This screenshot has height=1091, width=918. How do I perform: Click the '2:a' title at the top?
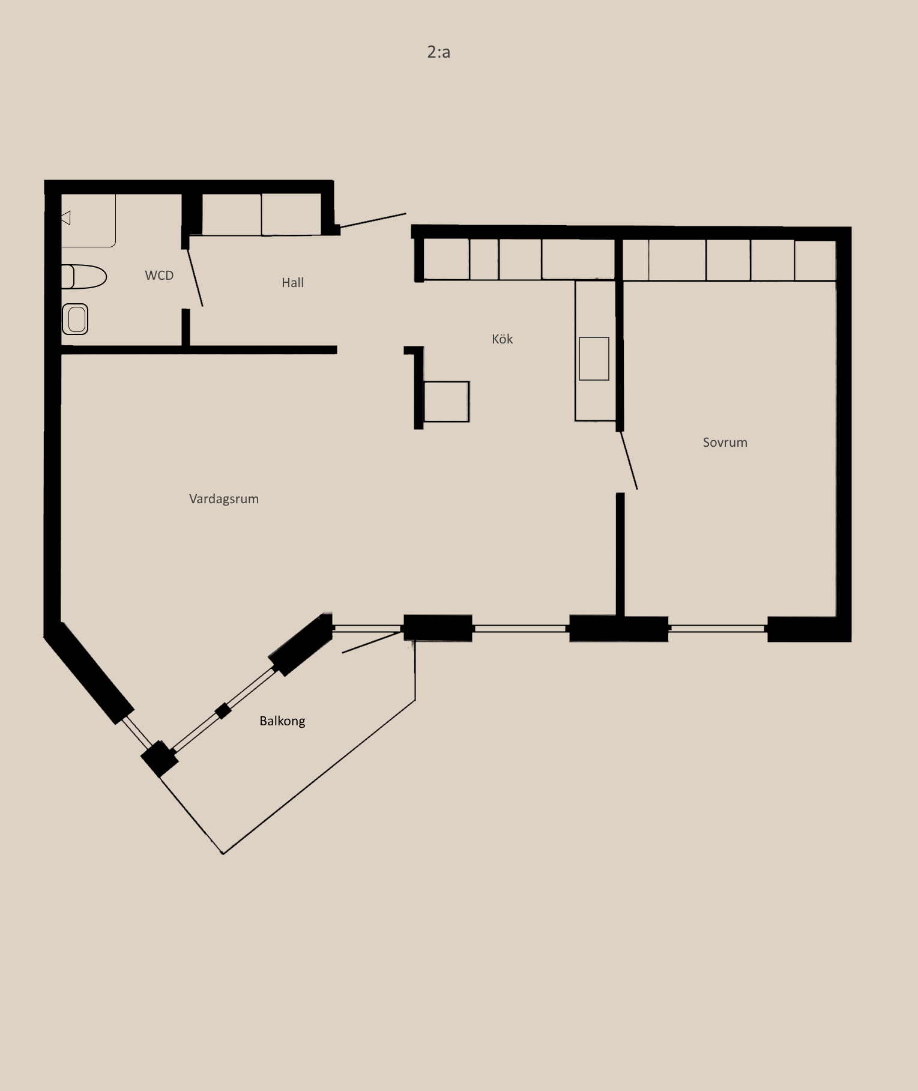438,52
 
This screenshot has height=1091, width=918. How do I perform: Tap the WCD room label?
159,275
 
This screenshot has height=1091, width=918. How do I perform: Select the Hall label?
292,282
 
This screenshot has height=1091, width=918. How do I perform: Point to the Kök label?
502,339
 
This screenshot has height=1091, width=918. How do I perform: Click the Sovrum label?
725,443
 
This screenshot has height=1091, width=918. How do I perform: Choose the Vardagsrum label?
224,499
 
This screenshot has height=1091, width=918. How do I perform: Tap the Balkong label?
282,721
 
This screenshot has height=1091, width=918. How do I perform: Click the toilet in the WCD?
83,277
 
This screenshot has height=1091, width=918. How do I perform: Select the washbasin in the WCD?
75,319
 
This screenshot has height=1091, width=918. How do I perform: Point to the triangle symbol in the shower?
66,218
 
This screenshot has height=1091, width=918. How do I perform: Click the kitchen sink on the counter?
594,358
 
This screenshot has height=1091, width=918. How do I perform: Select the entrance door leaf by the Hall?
373,220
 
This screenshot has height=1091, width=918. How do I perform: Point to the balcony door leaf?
372,642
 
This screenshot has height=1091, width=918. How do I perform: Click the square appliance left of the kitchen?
446,402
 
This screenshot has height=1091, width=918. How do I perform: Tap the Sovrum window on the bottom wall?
717,629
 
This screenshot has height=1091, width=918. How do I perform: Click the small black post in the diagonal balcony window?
223,711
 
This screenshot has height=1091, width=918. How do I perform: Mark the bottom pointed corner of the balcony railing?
223,853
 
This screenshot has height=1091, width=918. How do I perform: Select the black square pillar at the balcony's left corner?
159,758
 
